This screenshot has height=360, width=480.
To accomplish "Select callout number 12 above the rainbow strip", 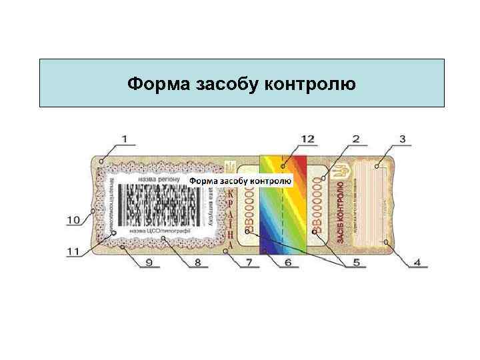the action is [307, 139].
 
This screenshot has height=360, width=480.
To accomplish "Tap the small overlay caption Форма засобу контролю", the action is [240, 181].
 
